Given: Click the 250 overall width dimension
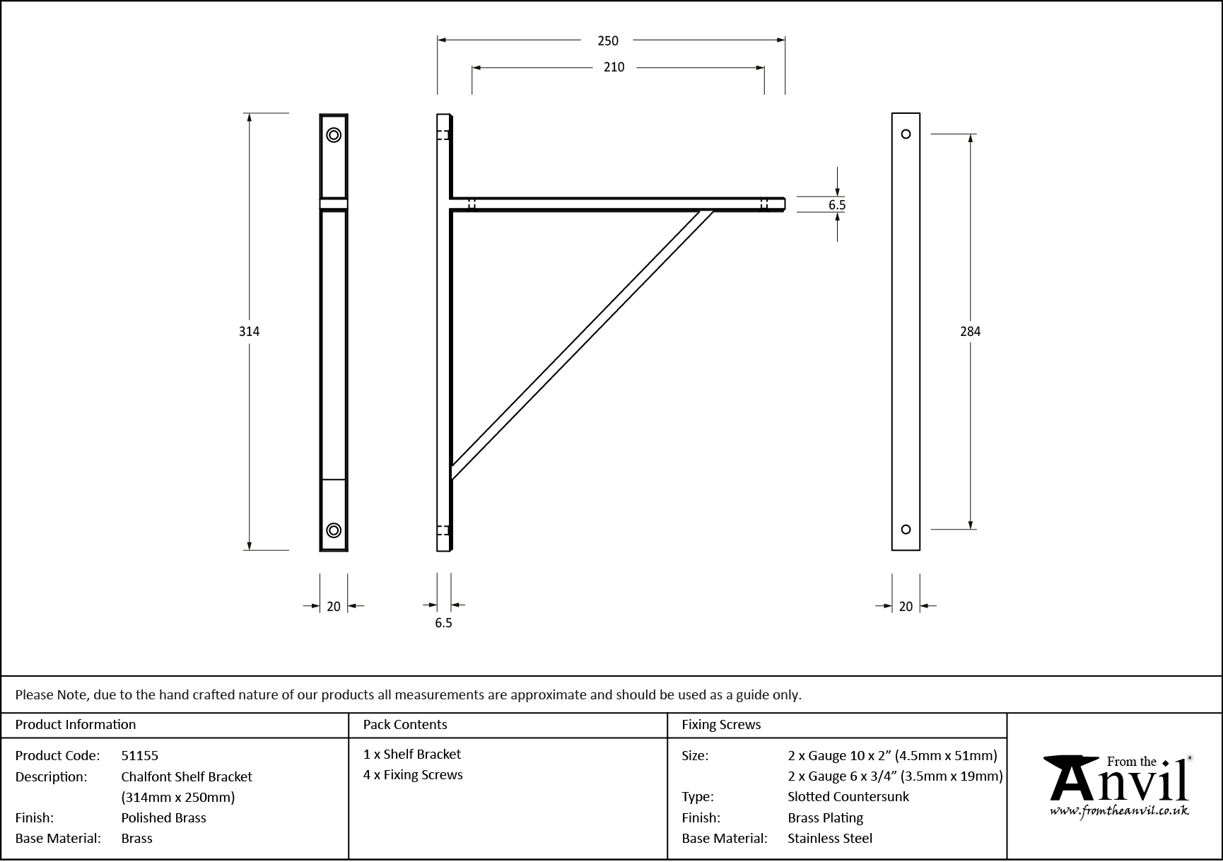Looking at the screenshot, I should pyautogui.click(x=607, y=41).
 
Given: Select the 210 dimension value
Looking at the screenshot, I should pyautogui.click(x=614, y=67).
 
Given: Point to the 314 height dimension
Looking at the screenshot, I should pyautogui.click(x=249, y=331).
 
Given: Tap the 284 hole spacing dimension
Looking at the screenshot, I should pyautogui.click(x=970, y=331).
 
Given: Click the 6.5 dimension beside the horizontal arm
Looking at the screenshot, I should pyautogui.click(x=837, y=205).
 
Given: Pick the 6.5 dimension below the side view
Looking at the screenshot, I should pyautogui.click(x=443, y=623).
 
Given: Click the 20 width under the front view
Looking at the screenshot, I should pyautogui.click(x=334, y=606).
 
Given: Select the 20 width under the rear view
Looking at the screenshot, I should pyautogui.click(x=906, y=606).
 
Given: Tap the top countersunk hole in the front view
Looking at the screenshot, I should pyautogui.click(x=334, y=135).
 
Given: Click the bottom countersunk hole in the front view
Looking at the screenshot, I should pyautogui.click(x=334, y=530).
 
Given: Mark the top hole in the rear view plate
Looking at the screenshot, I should pyautogui.click(x=906, y=134).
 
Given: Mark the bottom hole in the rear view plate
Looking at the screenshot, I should pyautogui.click(x=906, y=530).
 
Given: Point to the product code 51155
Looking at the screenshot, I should pyautogui.click(x=140, y=756).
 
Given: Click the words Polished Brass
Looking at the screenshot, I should pyautogui.click(x=163, y=818).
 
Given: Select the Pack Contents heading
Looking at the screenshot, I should pyautogui.click(x=405, y=725).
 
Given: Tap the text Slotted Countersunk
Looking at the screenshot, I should pyautogui.click(x=848, y=797).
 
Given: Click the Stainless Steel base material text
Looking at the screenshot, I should pyautogui.click(x=830, y=839).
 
